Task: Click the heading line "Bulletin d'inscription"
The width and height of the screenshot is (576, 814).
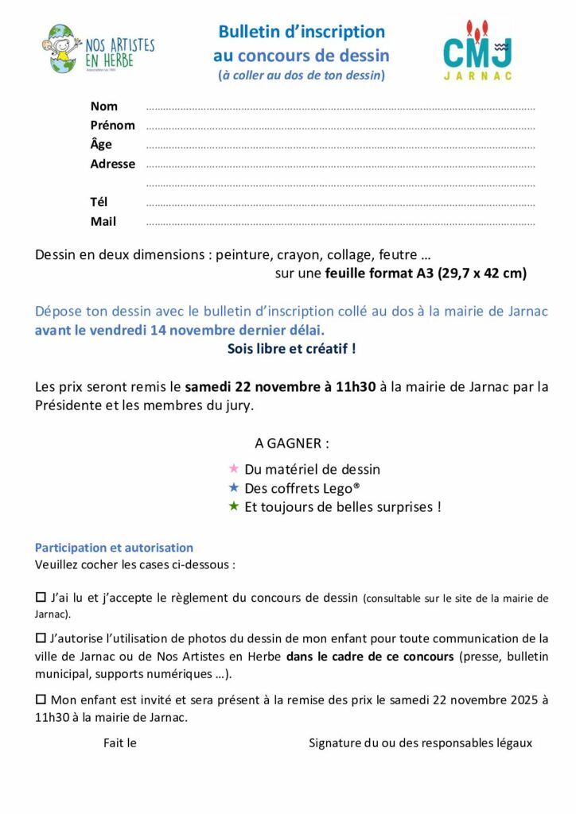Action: pos(302,32)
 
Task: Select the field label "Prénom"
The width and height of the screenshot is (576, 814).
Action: pos(112,125)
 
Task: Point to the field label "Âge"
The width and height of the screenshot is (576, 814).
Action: pos(101,144)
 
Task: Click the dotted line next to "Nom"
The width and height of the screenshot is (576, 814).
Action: pos(341,107)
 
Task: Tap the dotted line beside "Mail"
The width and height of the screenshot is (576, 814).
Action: pos(341,223)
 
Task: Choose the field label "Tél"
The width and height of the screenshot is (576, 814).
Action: pos(99,202)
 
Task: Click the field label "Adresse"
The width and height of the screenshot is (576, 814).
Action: pos(112,164)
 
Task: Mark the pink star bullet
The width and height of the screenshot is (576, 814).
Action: pos(234,468)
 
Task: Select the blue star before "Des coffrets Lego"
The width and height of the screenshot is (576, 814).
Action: pos(234,487)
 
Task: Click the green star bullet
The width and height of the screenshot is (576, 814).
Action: pos(234,506)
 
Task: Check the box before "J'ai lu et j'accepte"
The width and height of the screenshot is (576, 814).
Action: pos(41,596)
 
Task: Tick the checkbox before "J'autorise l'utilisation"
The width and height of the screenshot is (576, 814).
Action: pos(41,637)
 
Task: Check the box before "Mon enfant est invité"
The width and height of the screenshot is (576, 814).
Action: pos(41,699)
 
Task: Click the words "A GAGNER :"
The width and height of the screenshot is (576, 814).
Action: pos(291,442)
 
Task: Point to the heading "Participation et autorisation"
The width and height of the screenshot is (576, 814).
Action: pos(114,548)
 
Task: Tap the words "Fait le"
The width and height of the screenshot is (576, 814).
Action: pos(120,743)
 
